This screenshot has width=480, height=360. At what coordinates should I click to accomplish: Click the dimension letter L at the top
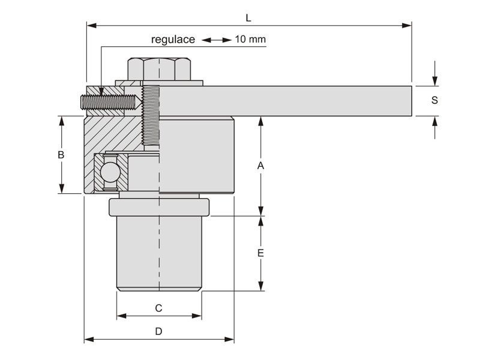[x=248, y=18]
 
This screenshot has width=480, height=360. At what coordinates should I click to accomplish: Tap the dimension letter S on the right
[x=434, y=100]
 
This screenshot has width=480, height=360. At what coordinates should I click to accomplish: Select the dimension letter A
[x=260, y=166]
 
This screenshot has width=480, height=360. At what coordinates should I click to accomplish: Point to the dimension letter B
[x=61, y=155]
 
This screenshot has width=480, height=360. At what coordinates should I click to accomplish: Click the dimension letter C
[x=158, y=308]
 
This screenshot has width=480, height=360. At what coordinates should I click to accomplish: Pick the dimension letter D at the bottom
[x=158, y=331]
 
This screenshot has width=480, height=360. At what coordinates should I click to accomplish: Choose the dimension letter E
[x=260, y=253]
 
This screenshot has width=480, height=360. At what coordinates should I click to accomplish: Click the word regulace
[x=173, y=40]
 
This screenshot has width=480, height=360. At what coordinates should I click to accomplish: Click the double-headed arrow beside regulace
[x=215, y=40]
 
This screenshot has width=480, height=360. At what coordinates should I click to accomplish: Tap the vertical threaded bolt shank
[x=151, y=117]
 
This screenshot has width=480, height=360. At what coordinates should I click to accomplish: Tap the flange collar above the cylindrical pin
[x=159, y=208]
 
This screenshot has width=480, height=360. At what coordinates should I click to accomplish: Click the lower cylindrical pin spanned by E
[x=159, y=255]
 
